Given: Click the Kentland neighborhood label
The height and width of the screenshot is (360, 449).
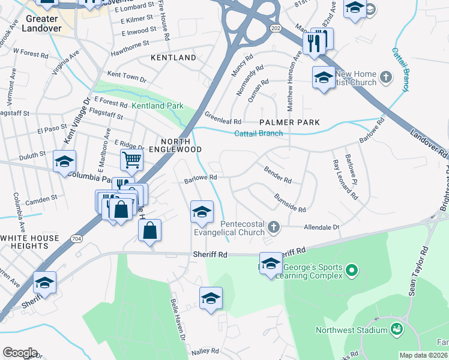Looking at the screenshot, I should point(173,58).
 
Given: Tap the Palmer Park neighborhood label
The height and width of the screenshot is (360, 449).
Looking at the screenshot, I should point(289,122).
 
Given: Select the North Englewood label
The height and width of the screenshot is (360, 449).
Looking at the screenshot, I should point(175,144).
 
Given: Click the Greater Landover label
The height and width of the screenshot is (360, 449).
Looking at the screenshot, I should point(42,23).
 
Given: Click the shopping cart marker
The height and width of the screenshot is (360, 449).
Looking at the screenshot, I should point(131,160).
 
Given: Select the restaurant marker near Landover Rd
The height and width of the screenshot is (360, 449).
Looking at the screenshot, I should point(314,43).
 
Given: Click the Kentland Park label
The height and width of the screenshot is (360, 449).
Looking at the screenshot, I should point(157,106).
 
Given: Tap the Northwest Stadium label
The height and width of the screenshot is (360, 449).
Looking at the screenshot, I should point(352,330).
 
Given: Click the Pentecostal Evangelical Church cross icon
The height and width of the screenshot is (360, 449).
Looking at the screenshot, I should point(274,226).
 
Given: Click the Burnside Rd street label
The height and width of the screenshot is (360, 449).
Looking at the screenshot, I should point(290,203).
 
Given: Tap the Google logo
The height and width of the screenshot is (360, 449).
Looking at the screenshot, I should point(20,353).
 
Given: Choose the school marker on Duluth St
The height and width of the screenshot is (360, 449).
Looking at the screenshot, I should point(65,161).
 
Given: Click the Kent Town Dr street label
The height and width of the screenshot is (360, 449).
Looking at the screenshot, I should point(127,78).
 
